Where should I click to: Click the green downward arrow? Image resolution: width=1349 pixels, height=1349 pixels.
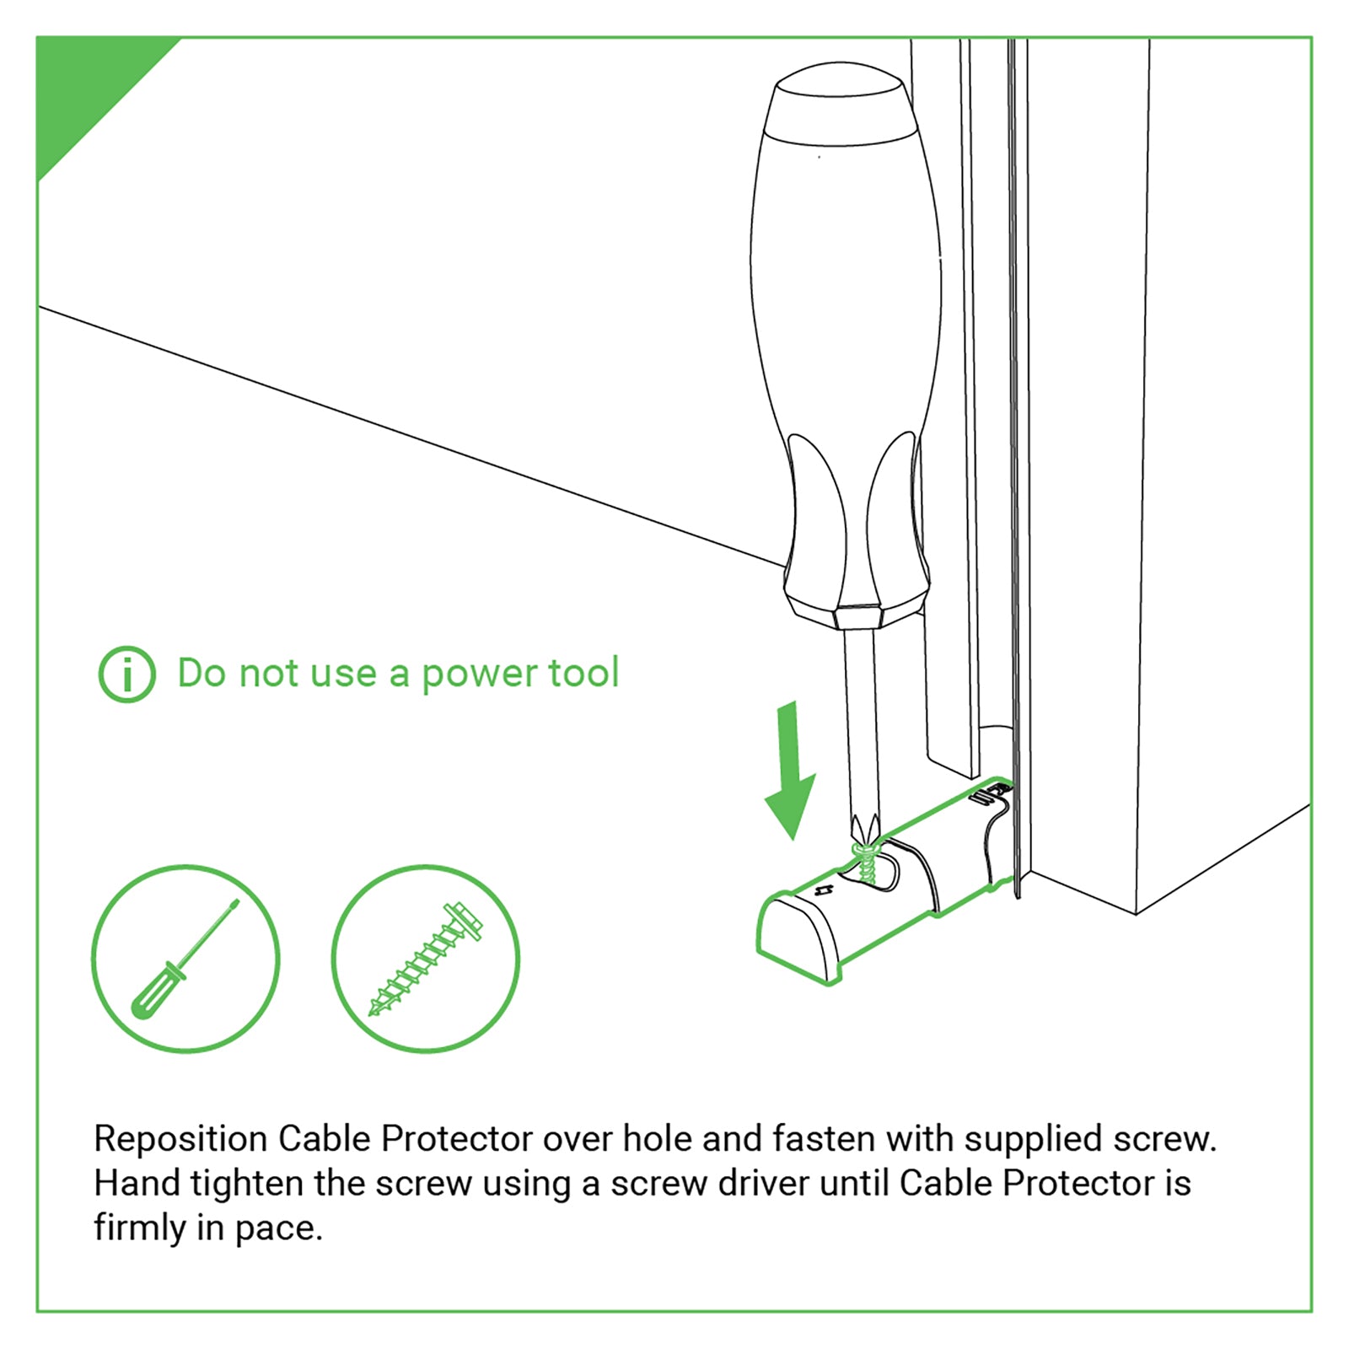[790, 777]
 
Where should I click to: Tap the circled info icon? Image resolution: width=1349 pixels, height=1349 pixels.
[127, 674]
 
